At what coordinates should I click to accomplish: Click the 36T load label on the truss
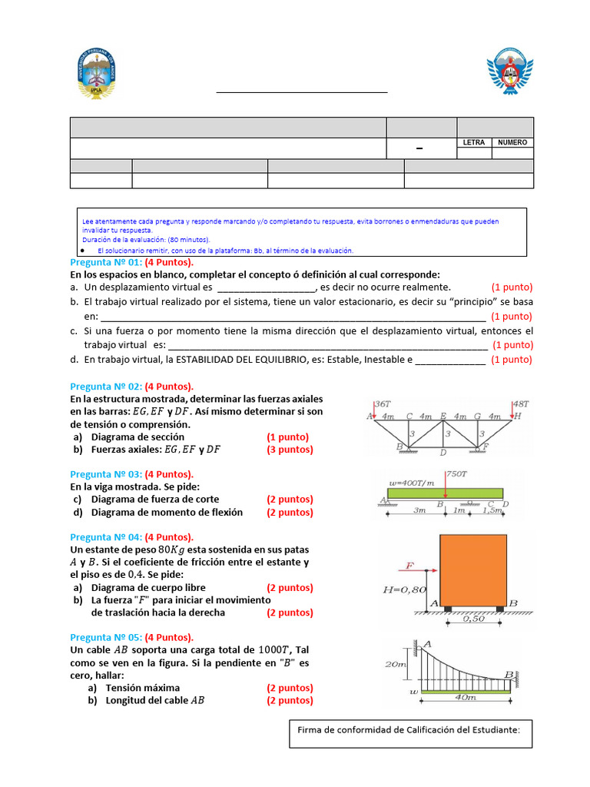pyautogui.click(x=383, y=403)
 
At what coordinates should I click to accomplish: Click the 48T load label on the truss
pyautogui.click(x=521, y=403)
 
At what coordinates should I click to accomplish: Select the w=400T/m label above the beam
pyautogui.click(x=411, y=483)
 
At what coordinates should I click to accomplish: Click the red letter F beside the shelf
pyautogui.click(x=409, y=567)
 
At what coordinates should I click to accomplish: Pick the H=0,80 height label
pyautogui.click(x=403, y=590)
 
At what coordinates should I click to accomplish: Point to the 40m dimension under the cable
pyautogui.click(x=466, y=698)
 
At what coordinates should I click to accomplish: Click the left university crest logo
pyautogui.click(x=96, y=75)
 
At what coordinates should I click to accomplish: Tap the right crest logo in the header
pyautogui.click(x=510, y=75)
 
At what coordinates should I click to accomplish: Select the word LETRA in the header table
pyautogui.click(x=474, y=142)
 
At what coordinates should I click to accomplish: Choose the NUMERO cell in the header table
pyautogui.click(x=512, y=142)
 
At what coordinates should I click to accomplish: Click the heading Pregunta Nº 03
pyautogui.click(x=106, y=474)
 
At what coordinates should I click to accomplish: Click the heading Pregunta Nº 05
pyautogui.click(x=106, y=637)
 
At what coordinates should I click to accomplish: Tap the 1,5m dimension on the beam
pyautogui.click(x=492, y=510)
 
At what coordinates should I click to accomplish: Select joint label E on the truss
pyautogui.click(x=443, y=416)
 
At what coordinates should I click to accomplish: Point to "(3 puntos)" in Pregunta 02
pyautogui.click(x=290, y=450)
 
